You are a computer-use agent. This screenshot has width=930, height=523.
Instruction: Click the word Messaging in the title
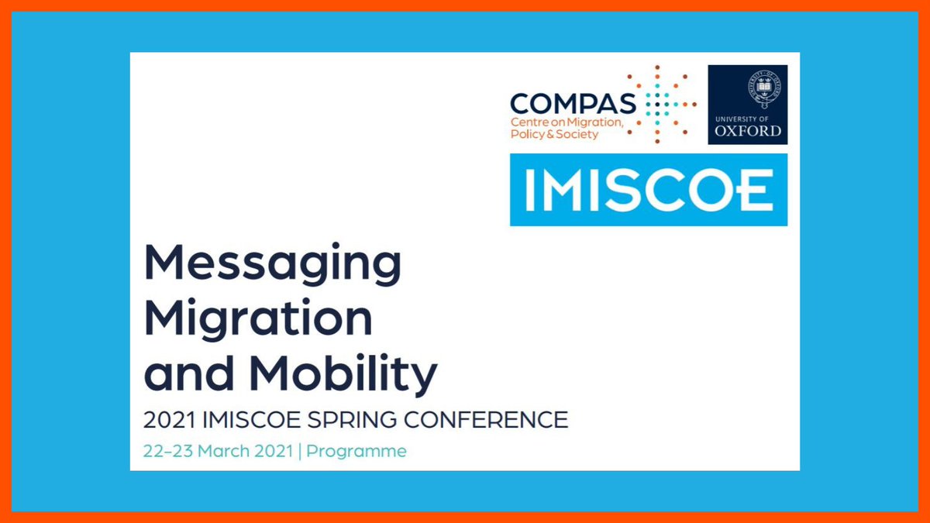[273, 264]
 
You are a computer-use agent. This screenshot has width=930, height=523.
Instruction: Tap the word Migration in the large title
[258, 318]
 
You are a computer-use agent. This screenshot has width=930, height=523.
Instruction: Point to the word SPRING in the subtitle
[352, 420]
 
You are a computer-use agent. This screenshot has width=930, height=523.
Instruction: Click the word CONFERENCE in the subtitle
[486, 420]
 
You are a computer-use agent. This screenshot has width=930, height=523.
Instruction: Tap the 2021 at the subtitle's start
[169, 420]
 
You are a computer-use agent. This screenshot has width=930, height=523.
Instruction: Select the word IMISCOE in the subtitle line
[251, 420]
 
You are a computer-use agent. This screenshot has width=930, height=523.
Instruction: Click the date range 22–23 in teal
[167, 451]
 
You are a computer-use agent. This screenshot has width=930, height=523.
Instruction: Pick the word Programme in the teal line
[356, 452]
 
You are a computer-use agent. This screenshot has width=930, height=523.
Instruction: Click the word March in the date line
[224, 451]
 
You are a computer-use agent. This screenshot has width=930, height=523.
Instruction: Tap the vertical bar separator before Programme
[300, 452]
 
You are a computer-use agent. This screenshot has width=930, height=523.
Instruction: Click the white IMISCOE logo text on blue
[649, 190]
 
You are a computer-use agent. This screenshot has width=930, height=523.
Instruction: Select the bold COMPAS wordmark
[573, 103]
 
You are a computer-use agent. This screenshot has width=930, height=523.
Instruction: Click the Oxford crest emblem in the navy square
[764, 89]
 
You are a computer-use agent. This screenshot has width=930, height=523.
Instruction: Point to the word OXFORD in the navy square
[747, 131]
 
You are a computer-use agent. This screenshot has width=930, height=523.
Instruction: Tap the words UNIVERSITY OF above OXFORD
[742, 119]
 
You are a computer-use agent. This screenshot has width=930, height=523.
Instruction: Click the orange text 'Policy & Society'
[554, 134]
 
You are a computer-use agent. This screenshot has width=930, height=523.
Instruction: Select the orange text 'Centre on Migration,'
[567, 122]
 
